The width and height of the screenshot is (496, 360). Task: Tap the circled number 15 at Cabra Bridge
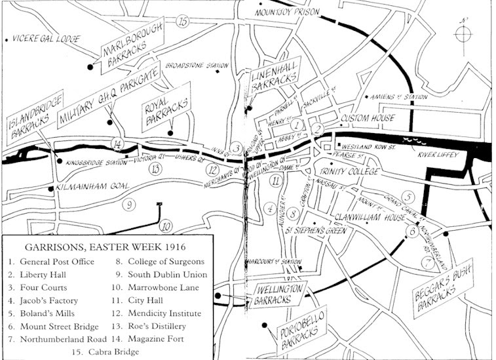coord(183,22)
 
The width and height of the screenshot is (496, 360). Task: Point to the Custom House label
coord(368,118)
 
